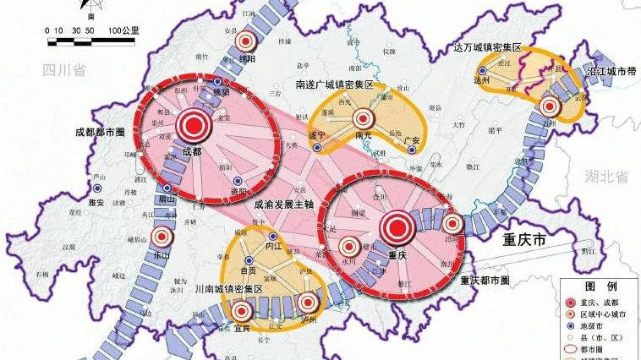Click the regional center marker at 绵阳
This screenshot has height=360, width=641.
(x=245, y=41)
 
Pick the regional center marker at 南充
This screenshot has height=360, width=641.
(x=364, y=119)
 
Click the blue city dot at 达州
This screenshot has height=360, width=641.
(x=482, y=71)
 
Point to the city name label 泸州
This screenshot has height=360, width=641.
(x=310, y=319)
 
